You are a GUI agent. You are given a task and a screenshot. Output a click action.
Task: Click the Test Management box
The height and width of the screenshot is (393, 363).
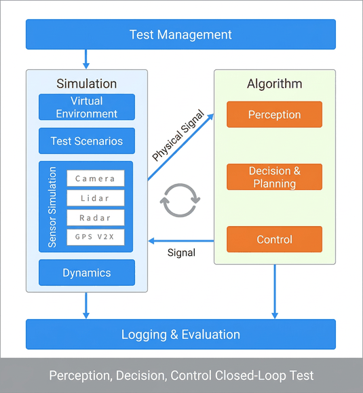pyautogui.click(x=180, y=35)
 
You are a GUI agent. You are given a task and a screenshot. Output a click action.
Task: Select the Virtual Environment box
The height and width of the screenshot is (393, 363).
pyautogui.click(x=87, y=107)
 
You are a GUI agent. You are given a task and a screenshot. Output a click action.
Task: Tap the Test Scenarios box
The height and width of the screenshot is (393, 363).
pyautogui.click(x=87, y=141)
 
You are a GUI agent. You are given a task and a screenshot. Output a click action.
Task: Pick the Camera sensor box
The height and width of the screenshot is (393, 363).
pyautogui.click(x=96, y=179)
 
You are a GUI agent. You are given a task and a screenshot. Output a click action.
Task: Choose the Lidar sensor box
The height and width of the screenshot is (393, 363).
pyautogui.click(x=96, y=198)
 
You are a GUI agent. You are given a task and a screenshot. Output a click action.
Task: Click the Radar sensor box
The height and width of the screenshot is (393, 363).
pyautogui.click(x=96, y=218)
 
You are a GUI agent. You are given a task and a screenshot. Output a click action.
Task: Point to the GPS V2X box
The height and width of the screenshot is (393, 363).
pyautogui.click(x=96, y=237)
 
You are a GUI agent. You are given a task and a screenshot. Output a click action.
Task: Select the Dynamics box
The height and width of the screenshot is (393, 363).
pyautogui.click(x=87, y=272)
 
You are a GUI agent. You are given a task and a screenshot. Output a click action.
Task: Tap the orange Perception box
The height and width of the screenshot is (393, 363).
pyautogui.click(x=274, y=114)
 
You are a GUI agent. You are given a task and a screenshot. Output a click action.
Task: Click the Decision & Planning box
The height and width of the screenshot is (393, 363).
pyautogui.click(x=274, y=177)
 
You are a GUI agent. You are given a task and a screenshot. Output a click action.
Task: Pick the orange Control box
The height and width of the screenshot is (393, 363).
pyautogui.click(x=274, y=240)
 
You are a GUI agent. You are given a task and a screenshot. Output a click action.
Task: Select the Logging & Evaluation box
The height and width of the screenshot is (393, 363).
pyautogui.click(x=180, y=334)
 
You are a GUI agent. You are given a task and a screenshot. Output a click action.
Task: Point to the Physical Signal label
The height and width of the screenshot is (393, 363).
pyautogui.click(x=178, y=135)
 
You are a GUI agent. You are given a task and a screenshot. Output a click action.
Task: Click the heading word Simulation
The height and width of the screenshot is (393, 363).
pyautogui.click(x=86, y=83)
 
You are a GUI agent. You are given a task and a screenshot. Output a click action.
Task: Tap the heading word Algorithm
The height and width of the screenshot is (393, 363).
pyautogui.click(x=275, y=83)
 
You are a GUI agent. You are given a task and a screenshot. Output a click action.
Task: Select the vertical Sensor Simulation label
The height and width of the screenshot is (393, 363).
pyautogui.click(x=52, y=207)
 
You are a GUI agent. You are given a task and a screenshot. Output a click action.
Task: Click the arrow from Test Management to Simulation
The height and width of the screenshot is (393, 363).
pyautogui.click(x=86, y=59)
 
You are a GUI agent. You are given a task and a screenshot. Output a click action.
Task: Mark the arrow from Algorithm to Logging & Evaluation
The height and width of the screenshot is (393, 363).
pyautogui.click(x=275, y=291)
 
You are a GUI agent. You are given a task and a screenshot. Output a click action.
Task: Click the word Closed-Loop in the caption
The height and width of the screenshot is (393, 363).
pyautogui.click(x=250, y=375)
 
